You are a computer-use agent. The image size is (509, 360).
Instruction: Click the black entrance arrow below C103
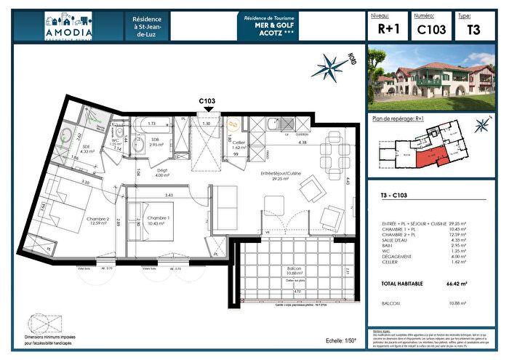tap(209, 110)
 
